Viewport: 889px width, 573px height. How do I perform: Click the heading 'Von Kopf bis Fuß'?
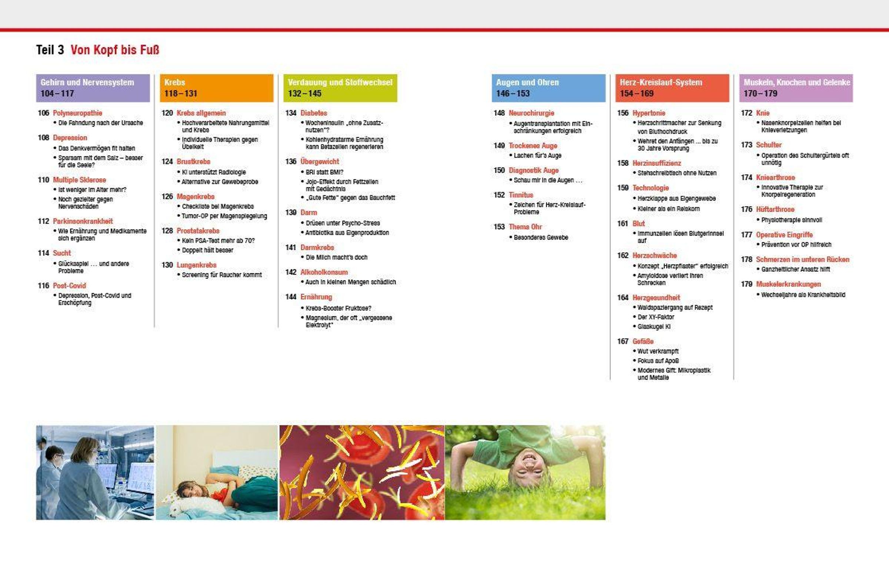pyautogui.click(x=114, y=50)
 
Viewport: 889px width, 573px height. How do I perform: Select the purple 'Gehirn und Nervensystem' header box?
pyautogui.click(x=93, y=88)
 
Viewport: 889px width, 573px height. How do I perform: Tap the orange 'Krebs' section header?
pyautogui.click(x=217, y=88)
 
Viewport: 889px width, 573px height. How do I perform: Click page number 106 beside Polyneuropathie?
pyautogui.click(x=44, y=113)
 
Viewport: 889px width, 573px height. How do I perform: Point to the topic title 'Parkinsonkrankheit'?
pyautogui.click(x=83, y=221)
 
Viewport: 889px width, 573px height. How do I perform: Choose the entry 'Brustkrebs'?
pyautogui.click(x=193, y=161)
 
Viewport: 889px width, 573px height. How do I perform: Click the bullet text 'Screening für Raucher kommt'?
pyautogui.click(x=222, y=275)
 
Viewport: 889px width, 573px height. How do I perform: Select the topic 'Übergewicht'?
pyautogui.click(x=320, y=161)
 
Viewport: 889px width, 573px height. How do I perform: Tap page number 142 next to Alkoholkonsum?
pyautogui.click(x=291, y=272)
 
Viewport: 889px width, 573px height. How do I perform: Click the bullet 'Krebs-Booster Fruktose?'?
pyautogui.click(x=338, y=308)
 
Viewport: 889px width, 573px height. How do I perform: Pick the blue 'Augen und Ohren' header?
pyautogui.click(x=549, y=88)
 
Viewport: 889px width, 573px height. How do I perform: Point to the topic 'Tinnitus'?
pyautogui.click(x=520, y=195)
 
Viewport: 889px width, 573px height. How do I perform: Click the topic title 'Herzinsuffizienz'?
pyautogui.click(x=656, y=163)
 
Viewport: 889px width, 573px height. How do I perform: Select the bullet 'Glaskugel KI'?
pyautogui.click(x=654, y=327)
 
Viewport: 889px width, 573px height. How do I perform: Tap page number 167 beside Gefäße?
pyautogui.click(x=623, y=341)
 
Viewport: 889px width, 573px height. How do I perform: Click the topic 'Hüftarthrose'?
pyautogui.click(x=775, y=210)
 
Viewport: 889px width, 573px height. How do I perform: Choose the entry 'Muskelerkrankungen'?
pyautogui.click(x=788, y=284)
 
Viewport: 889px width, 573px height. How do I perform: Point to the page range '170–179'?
pyautogui.click(x=760, y=93)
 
